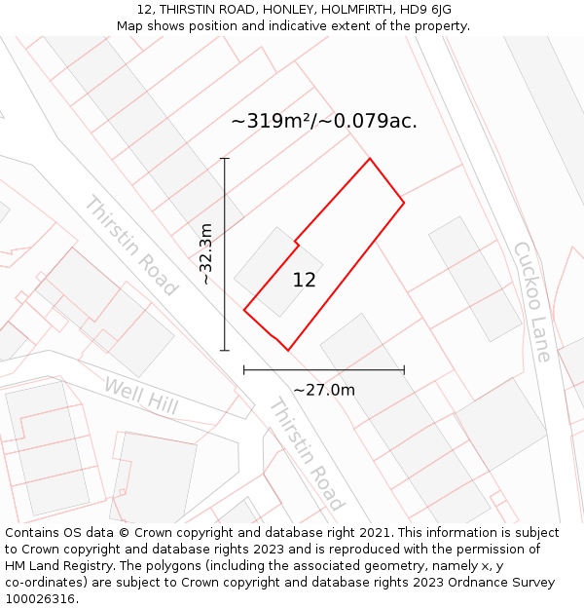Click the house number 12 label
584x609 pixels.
pyautogui.click(x=304, y=281)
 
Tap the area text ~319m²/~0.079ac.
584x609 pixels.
pyautogui.click(x=324, y=121)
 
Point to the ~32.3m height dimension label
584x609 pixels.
pyautogui.click(x=205, y=253)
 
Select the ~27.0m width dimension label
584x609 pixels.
pyautogui.click(x=324, y=390)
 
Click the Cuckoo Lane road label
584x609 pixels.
pyautogui.click(x=532, y=301)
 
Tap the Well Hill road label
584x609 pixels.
pyautogui.click(x=141, y=396)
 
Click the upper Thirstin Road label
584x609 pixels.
pyautogui.click(x=130, y=246)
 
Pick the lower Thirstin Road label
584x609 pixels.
pyautogui.click(x=307, y=454)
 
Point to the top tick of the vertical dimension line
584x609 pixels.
pyautogui.click(x=225, y=158)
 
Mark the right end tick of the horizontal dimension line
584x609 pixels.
pyautogui.click(x=404, y=370)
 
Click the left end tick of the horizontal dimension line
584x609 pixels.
pyautogui.click(x=244, y=370)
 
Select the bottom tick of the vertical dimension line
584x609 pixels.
pyautogui.click(x=225, y=350)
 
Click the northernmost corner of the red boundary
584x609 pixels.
pyautogui.click(x=370, y=158)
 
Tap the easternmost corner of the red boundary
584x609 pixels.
pyautogui.click(x=404, y=203)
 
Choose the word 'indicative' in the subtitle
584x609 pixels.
pyautogui.click(x=310, y=26)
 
